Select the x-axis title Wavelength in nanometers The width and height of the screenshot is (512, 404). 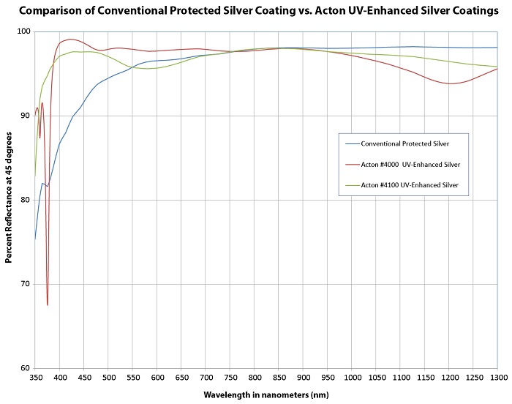click(x=266, y=395)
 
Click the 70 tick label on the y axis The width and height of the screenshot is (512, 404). click(x=23, y=284)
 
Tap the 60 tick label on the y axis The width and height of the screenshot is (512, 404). click(x=23, y=368)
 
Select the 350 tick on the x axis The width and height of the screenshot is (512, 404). click(x=35, y=377)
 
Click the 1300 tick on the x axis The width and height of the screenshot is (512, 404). click(x=497, y=377)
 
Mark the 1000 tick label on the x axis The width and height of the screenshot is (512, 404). click(x=352, y=377)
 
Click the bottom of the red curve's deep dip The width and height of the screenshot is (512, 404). click(x=48, y=304)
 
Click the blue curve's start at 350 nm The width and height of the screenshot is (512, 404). click(x=35, y=239)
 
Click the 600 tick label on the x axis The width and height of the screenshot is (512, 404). click(x=157, y=377)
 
